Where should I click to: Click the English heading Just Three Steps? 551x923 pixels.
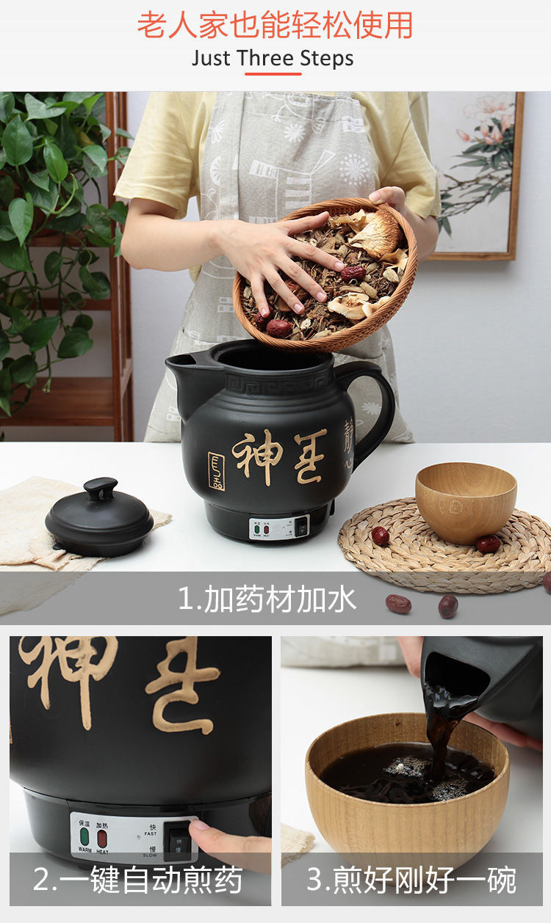pyautogui.click(x=273, y=58)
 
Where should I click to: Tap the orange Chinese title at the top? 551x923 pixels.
pyautogui.click(x=275, y=25)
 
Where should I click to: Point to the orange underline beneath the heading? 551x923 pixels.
pyautogui.click(x=273, y=73)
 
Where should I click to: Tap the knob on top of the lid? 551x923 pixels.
pyautogui.click(x=100, y=488)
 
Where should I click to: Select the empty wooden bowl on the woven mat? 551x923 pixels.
pyautogui.click(x=465, y=501)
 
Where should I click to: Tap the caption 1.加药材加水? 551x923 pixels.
pyautogui.click(x=267, y=599)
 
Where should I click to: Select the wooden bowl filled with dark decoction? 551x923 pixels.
pyautogui.click(x=407, y=785)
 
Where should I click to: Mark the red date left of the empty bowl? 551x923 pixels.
pyautogui.click(x=380, y=536)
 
